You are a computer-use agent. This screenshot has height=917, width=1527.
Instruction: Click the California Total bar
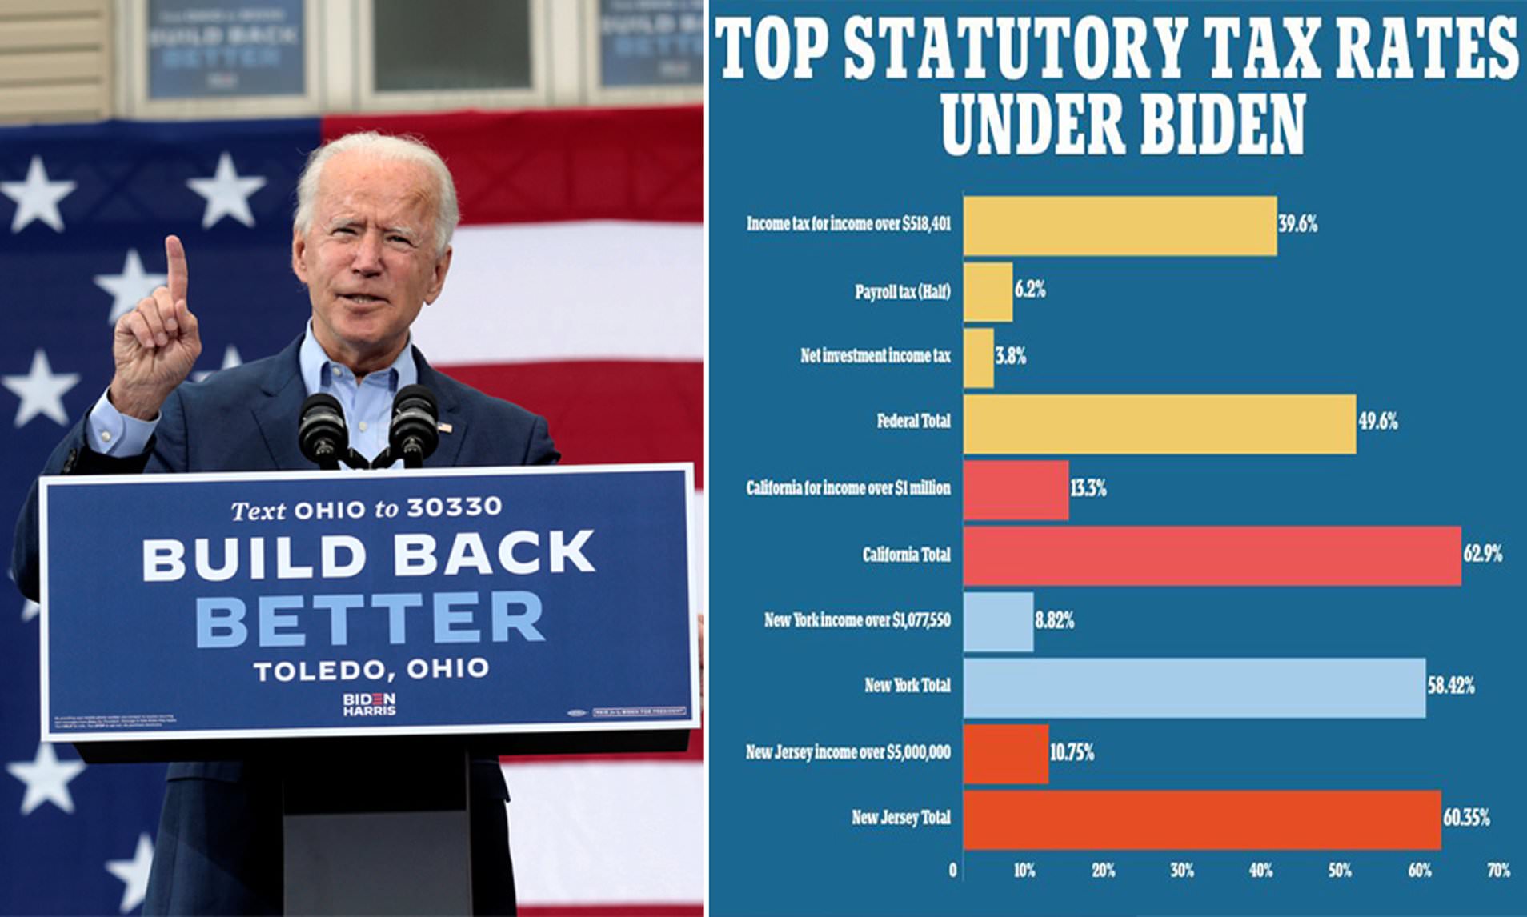point(1212,555)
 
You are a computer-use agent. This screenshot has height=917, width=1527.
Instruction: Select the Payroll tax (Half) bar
point(988,292)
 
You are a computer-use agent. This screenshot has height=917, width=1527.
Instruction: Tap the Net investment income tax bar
point(978,358)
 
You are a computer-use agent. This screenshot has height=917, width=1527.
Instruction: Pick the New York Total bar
point(1194,687)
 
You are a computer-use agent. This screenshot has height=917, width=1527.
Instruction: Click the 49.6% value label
point(1377,422)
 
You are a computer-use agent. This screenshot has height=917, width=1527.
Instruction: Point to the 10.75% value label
point(1072,753)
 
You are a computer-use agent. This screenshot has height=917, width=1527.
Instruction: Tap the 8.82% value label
point(1054,620)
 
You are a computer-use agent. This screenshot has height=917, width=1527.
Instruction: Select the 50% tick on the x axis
point(1340,871)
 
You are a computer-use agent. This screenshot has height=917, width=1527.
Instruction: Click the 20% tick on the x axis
point(1103,871)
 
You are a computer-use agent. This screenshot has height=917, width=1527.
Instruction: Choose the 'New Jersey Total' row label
point(900,818)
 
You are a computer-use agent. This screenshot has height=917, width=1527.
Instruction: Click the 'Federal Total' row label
point(913,421)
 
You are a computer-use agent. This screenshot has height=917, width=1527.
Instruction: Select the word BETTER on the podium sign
point(370,619)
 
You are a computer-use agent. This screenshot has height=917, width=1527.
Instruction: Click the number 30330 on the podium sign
point(454,507)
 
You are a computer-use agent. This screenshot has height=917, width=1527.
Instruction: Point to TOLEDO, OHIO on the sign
point(371,670)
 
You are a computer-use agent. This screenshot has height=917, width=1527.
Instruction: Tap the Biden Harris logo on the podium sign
point(369,703)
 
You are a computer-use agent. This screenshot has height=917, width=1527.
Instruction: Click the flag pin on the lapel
point(444,427)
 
